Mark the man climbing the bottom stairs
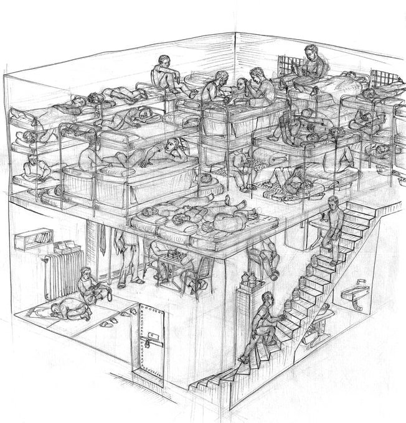tap(262, 323)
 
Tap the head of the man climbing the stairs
tap(267, 297)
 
